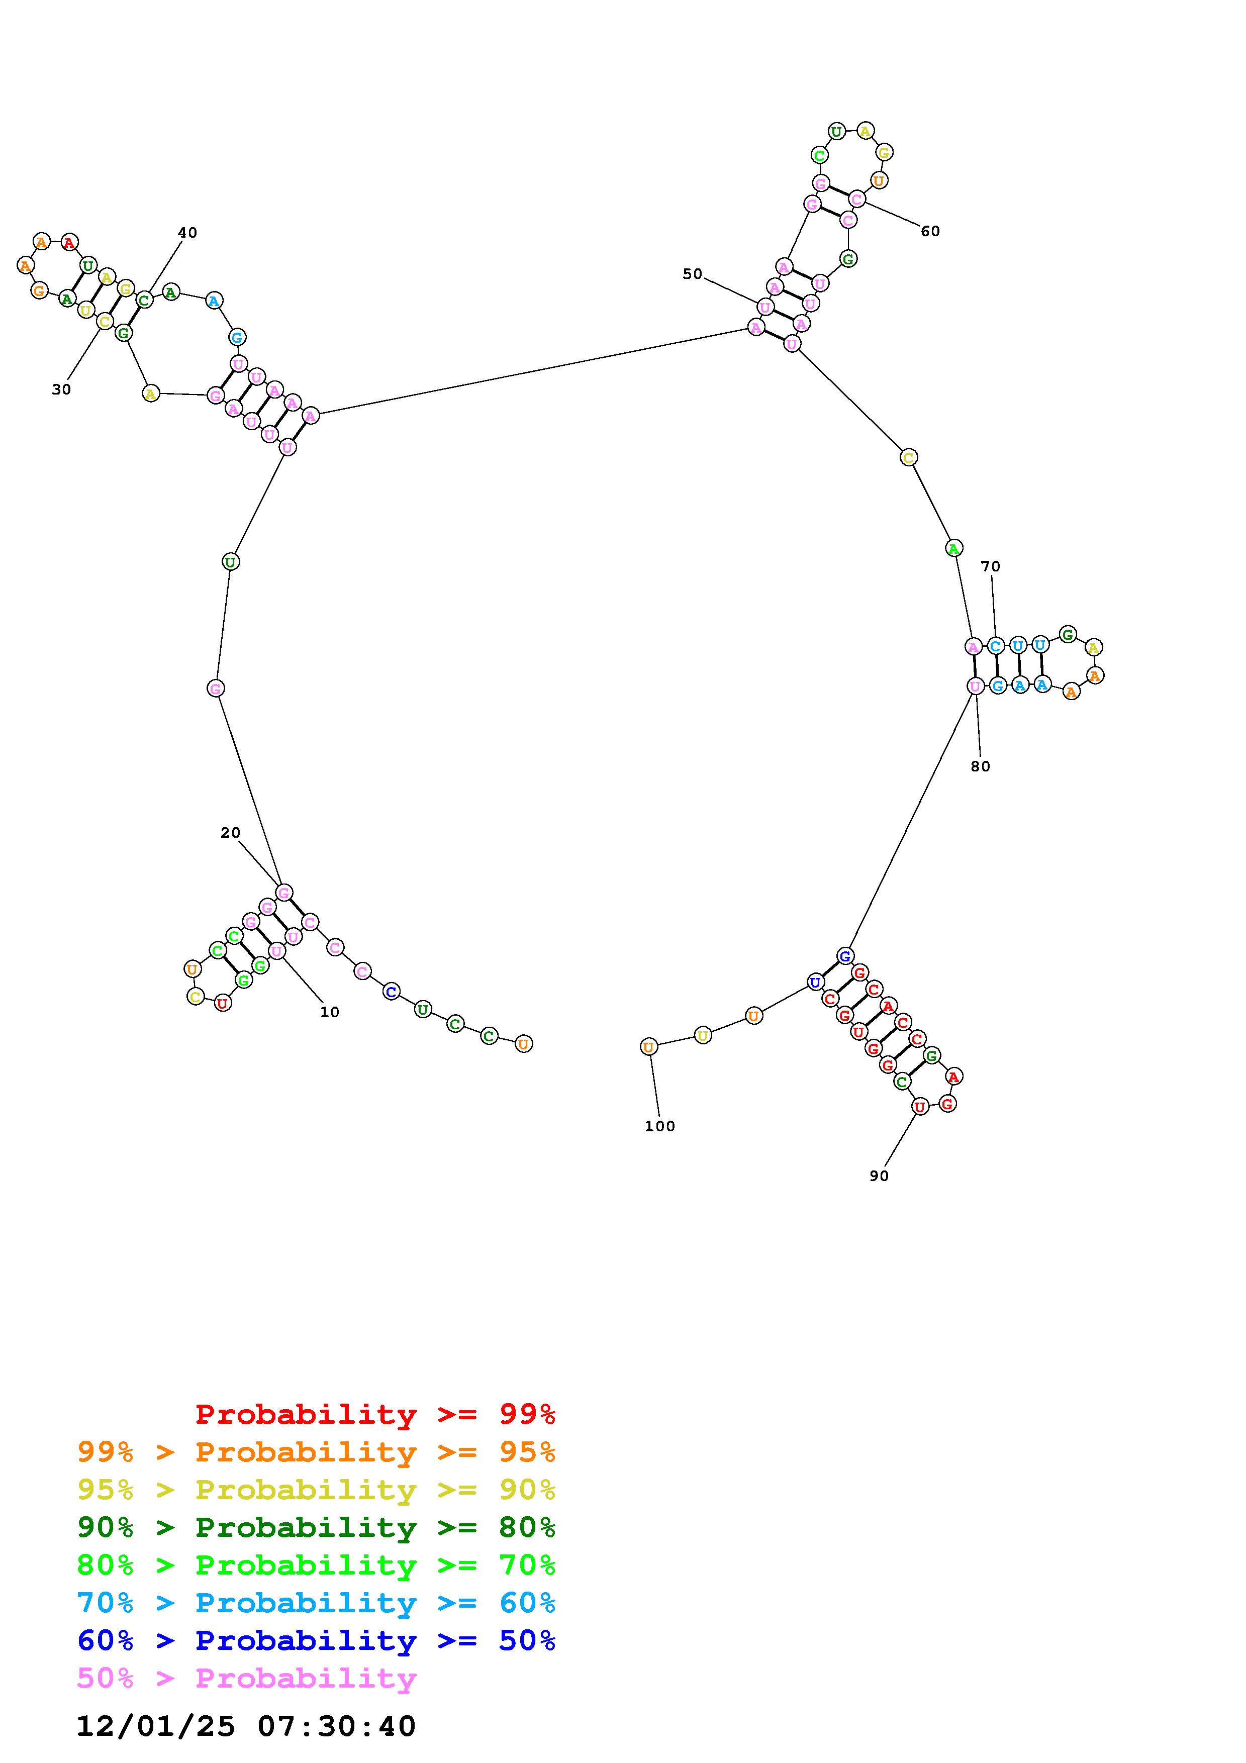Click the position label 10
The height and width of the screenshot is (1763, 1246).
click(x=329, y=1012)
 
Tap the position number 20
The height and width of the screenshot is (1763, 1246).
click(x=230, y=832)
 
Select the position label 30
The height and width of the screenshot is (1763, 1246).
click(x=61, y=389)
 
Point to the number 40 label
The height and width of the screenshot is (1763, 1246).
click(x=187, y=233)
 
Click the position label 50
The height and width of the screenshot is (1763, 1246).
click(x=693, y=274)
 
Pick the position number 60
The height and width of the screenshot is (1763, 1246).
click(x=930, y=231)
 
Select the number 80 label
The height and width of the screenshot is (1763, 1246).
click(x=981, y=766)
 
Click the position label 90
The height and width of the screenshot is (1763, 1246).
click(x=879, y=1176)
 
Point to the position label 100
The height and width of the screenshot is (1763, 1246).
click(x=659, y=1126)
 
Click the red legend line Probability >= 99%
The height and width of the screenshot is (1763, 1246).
click(x=375, y=1414)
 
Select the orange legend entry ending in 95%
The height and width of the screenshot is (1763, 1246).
click(x=316, y=1452)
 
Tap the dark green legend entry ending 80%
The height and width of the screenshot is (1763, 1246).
click(x=316, y=1527)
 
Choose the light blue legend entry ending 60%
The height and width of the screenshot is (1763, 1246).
click(x=316, y=1603)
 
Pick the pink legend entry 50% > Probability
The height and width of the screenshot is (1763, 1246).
click(x=246, y=1679)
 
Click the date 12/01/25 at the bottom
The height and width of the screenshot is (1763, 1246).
click(x=156, y=1726)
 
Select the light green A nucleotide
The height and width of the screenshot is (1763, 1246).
click(x=953, y=548)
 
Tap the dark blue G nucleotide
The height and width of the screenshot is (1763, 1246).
click(x=844, y=956)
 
